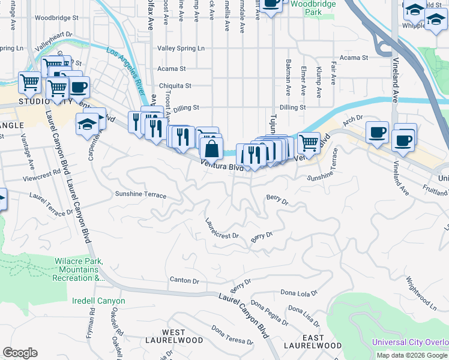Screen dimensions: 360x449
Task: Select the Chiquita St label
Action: click(175, 86)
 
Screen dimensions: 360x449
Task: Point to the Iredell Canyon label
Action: click(98, 301)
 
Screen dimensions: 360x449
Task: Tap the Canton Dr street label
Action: click(184, 280)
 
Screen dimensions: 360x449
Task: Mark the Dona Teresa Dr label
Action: click(232, 335)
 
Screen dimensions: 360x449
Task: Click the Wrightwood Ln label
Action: click(420, 293)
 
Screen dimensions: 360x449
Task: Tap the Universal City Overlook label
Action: click(410, 343)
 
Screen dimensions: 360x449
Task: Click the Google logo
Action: click(20, 353)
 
